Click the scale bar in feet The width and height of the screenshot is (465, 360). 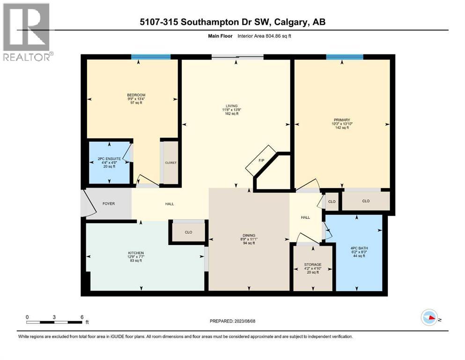[x=55, y=322]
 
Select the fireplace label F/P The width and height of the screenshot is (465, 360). [x=262, y=161]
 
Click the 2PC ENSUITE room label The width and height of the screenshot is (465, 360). [x=110, y=159]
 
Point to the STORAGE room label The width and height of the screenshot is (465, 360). [x=313, y=265]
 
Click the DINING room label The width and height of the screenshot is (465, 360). [x=248, y=235]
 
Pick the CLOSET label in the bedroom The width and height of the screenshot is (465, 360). [x=170, y=163]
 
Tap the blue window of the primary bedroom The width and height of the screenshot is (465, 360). [x=345, y=57]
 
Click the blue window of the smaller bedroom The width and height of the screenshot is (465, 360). [x=150, y=57]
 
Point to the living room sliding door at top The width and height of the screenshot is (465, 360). [x=237, y=57]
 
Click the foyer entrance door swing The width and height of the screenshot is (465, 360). [x=86, y=203]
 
